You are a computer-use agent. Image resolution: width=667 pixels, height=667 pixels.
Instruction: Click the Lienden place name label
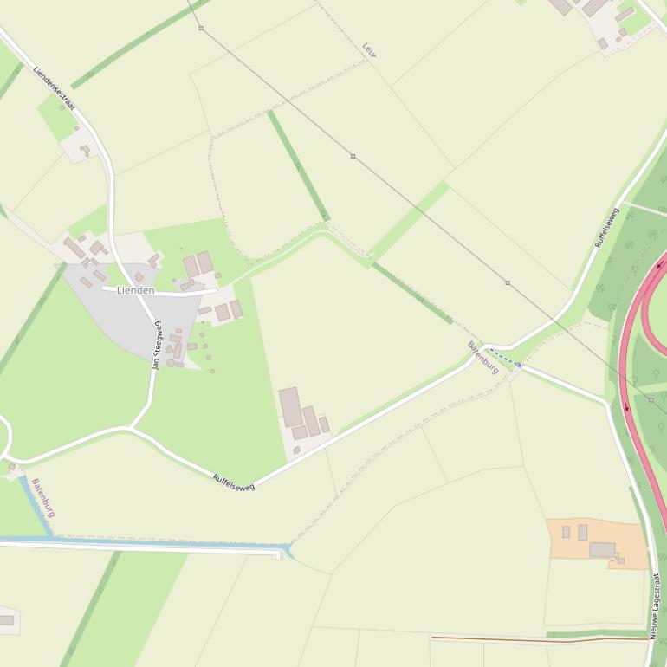tap(135, 290)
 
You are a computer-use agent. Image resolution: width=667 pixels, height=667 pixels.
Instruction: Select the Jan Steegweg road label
tap(157, 345)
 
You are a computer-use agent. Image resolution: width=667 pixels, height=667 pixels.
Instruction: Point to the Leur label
tap(369, 50)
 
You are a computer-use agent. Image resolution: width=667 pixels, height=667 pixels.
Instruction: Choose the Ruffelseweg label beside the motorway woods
tap(607, 228)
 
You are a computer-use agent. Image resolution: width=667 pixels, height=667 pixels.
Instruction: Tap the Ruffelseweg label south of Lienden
tap(234, 482)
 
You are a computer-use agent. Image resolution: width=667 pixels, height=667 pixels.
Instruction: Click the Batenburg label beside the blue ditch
tap(42, 497)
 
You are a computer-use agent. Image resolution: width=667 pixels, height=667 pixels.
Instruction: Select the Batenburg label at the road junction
tap(483, 358)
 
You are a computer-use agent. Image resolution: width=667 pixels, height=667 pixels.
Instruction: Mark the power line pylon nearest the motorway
tap(651, 399)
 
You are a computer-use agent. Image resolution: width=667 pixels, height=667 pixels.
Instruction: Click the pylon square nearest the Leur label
tap(353, 156)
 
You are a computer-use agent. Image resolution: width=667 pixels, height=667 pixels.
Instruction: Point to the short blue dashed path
tap(504, 358)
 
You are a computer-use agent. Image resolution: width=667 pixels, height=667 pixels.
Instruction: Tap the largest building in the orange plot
tap(602, 549)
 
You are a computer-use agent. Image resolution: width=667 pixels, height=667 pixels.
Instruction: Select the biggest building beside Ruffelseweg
tap(289, 406)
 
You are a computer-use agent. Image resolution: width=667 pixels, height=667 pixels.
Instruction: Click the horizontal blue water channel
tap(139, 543)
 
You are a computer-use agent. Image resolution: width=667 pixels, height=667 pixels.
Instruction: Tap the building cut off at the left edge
tap(6, 620)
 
